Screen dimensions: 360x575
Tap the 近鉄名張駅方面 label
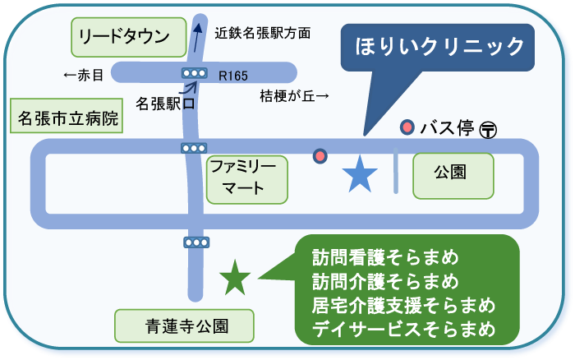(262, 34)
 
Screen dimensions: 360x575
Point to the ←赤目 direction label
(84, 76)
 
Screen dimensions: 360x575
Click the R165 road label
(233, 76)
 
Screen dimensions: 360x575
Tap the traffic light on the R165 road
(195, 74)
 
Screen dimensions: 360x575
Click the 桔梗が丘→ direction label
(294, 95)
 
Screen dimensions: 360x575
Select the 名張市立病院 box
(69, 118)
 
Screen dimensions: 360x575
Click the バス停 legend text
(447, 127)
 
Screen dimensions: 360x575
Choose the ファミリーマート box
(247, 178)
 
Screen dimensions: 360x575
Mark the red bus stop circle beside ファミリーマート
(320, 155)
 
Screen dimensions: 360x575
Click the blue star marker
(359, 174)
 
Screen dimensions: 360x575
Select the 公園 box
(453, 174)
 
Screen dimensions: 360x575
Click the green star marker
(235, 278)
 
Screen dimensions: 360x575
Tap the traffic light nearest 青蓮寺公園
(196, 242)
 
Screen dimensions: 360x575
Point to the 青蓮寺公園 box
(183, 327)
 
